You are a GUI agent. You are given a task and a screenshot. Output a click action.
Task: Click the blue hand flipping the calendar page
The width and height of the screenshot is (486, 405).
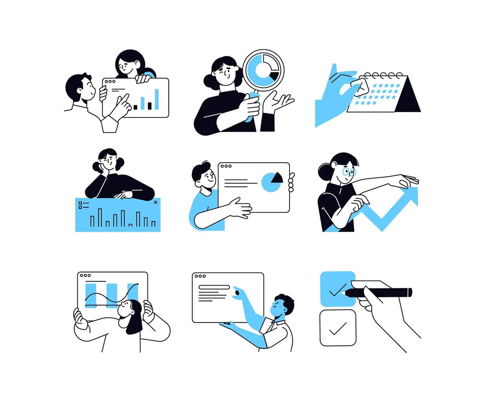(x=332, y=97)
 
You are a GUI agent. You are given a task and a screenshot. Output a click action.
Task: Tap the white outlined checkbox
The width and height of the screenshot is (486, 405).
(x=338, y=328)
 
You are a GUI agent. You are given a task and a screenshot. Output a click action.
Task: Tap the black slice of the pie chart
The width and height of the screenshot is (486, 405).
(x=277, y=177)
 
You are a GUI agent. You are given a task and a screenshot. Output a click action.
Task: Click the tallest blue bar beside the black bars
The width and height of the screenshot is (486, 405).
(x=157, y=99)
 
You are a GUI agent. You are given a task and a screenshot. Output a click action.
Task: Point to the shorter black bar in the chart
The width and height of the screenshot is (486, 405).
(x=135, y=107)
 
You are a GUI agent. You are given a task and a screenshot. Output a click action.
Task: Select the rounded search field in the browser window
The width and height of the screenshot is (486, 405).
(x=214, y=287)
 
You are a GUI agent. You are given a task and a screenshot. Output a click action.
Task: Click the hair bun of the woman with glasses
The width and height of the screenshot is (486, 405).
(x=324, y=169)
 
